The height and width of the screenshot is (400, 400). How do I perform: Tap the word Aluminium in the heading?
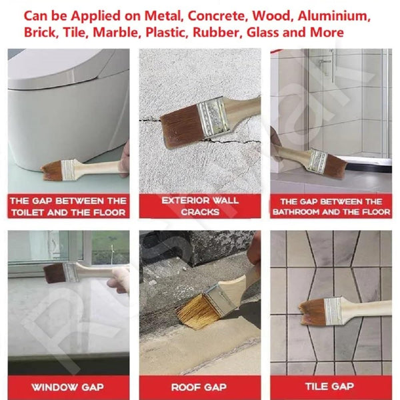click(x=334, y=16)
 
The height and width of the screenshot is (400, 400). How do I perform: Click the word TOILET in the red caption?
click(x=28, y=213)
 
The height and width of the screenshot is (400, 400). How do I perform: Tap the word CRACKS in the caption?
click(x=200, y=212)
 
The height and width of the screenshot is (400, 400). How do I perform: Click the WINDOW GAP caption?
click(x=67, y=387)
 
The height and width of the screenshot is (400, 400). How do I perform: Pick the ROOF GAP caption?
click(x=199, y=387)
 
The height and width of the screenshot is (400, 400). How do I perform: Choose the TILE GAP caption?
click(x=329, y=386)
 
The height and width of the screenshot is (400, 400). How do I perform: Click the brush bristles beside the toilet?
click(x=52, y=171)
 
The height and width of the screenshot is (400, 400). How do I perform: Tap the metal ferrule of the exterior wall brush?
click(x=213, y=116)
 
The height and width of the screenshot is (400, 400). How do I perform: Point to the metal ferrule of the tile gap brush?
click(x=333, y=312)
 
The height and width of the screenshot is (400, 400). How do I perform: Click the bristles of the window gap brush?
click(x=55, y=274)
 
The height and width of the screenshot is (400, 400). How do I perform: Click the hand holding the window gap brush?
click(x=119, y=279)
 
